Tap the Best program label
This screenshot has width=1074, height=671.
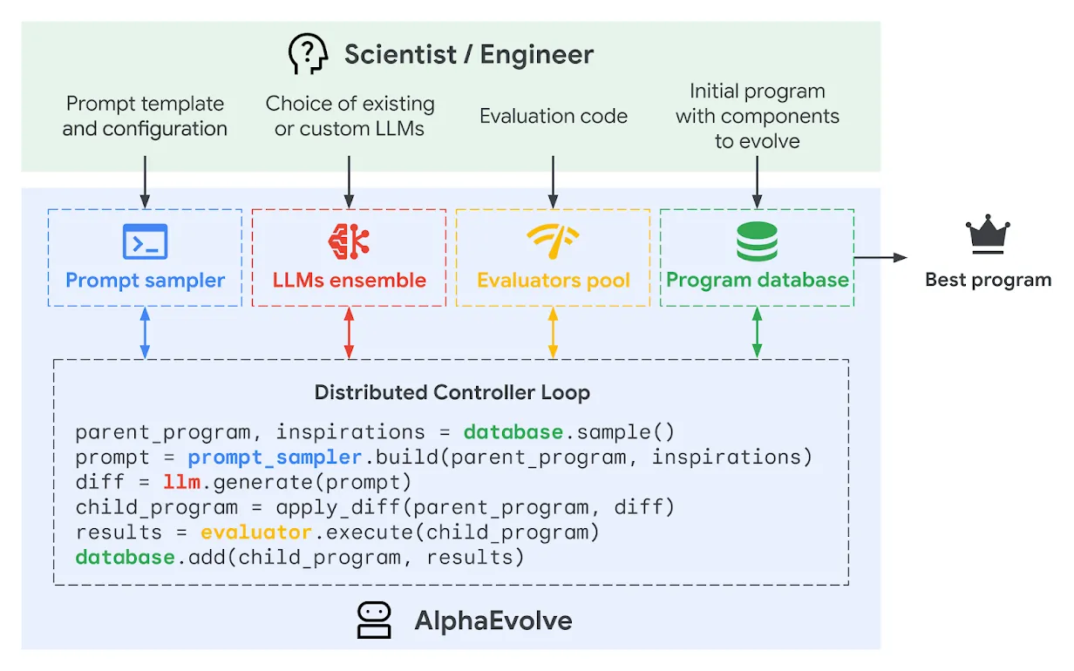pyautogui.click(x=988, y=280)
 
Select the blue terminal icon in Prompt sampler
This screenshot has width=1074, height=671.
pyautogui.click(x=145, y=241)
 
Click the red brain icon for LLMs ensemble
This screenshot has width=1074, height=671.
pyautogui.click(x=349, y=241)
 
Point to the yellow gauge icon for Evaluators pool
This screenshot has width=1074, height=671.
pyautogui.click(x=553, y=240)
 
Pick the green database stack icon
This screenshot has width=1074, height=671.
pyautogui.click(x=757, y=241)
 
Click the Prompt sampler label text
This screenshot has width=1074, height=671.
pyautogui.click(x=146, y=281)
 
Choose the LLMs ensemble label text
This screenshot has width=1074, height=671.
pyautogui.click(x=349, y=281)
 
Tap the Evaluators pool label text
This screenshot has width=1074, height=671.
pyautogui.click(x=553, y=281)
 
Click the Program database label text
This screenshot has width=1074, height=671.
pyautogui.click(x=757, y=280)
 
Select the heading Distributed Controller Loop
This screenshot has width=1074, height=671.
pyautogui.click(x=452, y=392)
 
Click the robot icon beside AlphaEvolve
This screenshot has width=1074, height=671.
pyautogui.click(x=375, y=620)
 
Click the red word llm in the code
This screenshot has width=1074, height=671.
pyautogui.click(x=181, y=482)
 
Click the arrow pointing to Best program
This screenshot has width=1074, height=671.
pyautogui.click(x=880, y=257)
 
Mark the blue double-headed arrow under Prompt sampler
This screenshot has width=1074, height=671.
pyautogui.click(x=145, y=333)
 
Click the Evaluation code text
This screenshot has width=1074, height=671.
pyautogui.click(x=553, y=117)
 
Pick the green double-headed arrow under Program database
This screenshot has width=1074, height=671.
pyautogui.click(x=757, y=333)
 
